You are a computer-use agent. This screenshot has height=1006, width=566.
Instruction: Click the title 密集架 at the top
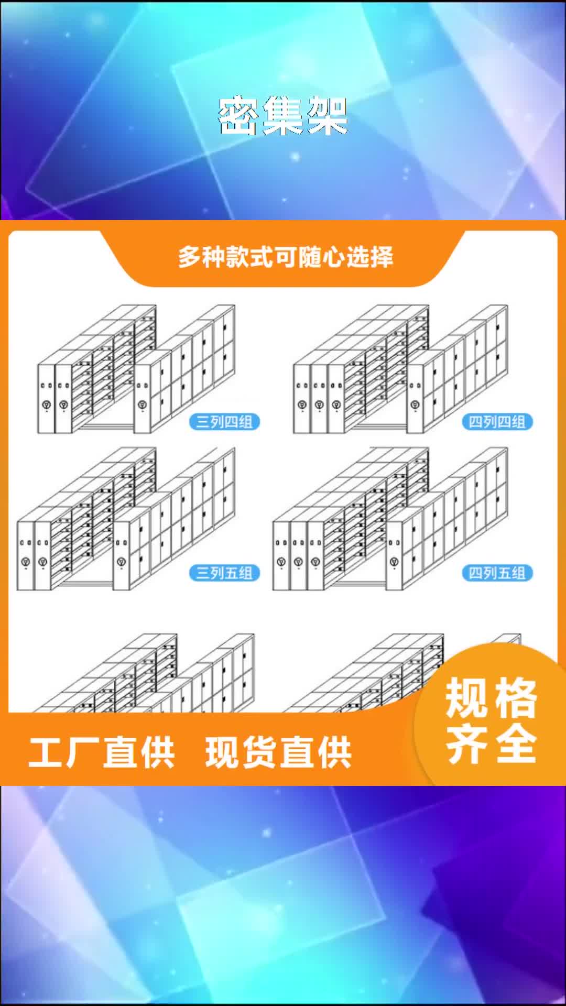[283, 116]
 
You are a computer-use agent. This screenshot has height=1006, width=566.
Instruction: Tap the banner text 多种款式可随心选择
[286, 257]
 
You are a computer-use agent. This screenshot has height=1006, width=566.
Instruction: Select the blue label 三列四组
[224, 422]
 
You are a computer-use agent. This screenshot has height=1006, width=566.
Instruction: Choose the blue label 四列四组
[497, 422]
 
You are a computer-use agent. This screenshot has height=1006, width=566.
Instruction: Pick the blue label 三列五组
[224, 573]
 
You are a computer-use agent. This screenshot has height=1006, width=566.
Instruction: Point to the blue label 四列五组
[497, 573]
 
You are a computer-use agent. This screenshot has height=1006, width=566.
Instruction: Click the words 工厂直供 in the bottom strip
[102, 752]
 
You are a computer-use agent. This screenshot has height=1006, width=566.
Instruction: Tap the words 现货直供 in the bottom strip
[278, 752]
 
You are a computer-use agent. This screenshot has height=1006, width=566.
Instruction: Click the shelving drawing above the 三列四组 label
[136, 369]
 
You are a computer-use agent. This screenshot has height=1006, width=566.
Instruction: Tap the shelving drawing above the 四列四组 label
[401, 369]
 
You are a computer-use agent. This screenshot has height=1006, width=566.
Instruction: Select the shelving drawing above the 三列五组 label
[126, 519]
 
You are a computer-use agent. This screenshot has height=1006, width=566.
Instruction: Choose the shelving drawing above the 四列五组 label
[390, 519]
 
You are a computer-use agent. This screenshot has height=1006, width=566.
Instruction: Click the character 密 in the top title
[239, 116]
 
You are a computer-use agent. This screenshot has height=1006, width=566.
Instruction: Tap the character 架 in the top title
[327, 116]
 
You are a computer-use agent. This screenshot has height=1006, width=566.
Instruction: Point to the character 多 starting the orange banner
[190, 257]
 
